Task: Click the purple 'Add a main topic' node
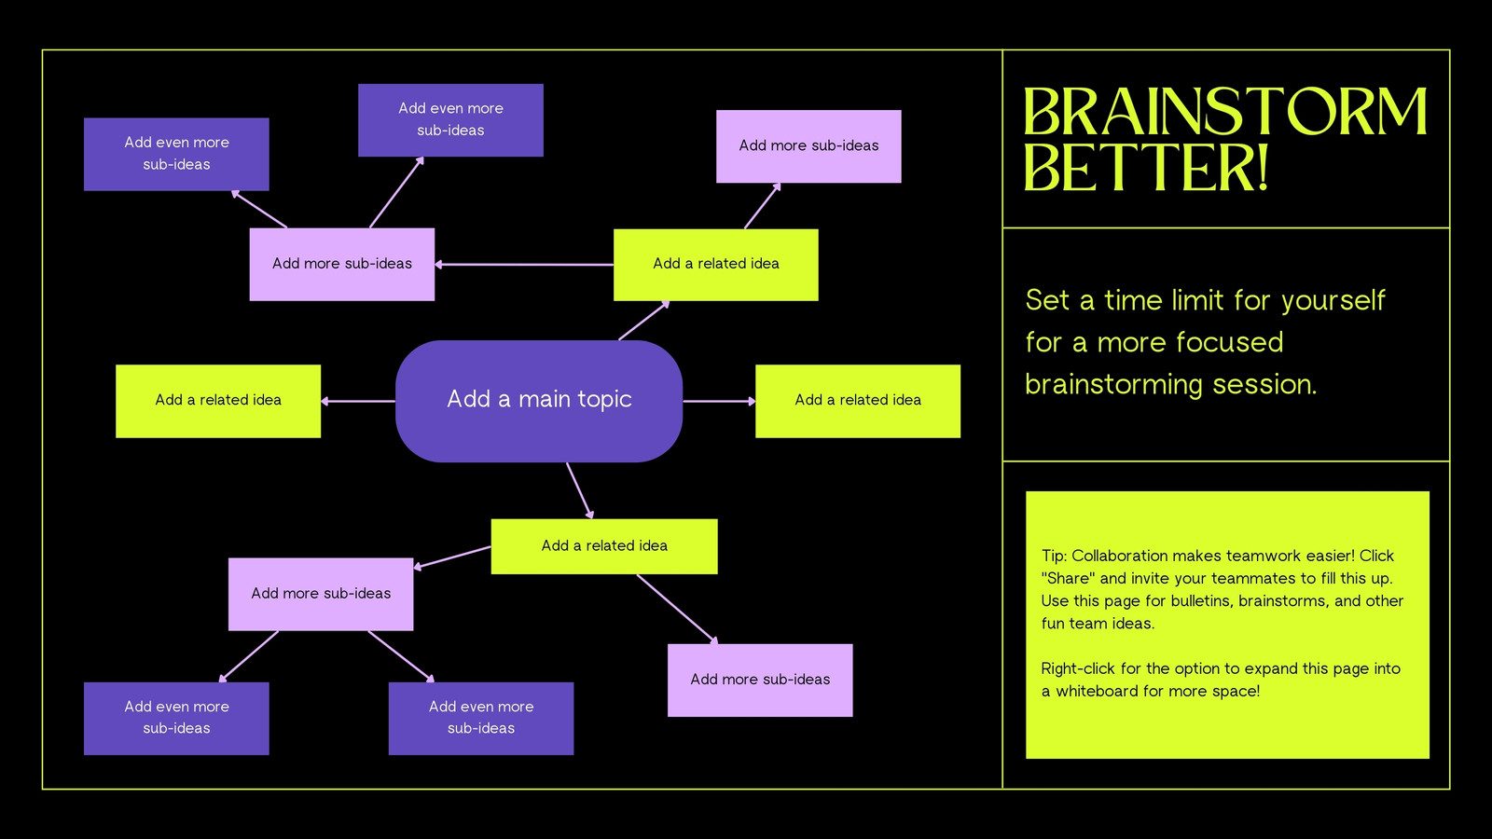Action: [x=539, y=401]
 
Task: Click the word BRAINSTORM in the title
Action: [x=1225, y=111]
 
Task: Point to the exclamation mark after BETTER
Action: [x=1261, y=168]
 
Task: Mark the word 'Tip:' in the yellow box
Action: [x=1054, y=556]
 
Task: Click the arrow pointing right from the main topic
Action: [x=719, y=401]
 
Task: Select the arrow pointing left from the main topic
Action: [x=358, y=401]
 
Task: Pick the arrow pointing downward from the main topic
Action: [x=579, y=490]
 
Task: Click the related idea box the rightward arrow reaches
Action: [x=858, y=401]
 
